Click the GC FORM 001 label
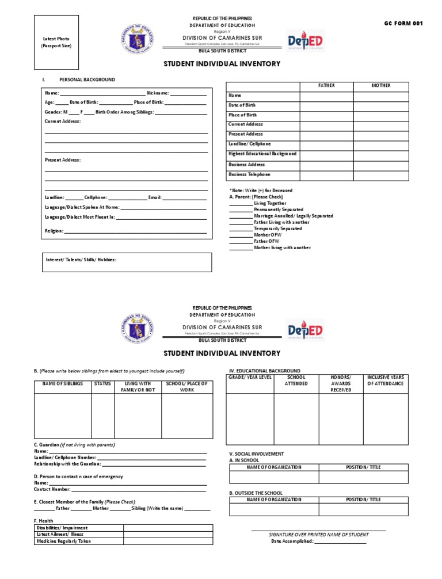click(x=403, y=24)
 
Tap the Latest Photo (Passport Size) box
click(x=56, y=42)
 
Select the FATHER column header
click(x=326, y=86)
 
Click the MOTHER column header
click(x=381, y=86)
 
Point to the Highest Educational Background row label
click(x=262, y=154)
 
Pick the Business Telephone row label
click(x=249, y=174)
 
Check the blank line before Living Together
click(x=241, y=204)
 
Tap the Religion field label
click(x=54, y=231)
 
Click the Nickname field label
click(x=158, y=93)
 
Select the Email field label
click(x=155, y=197)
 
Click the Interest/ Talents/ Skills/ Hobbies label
click(x=81, y=260)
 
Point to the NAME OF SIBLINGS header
click(x=62, y=384)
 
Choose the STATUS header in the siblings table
click(x=102, y=384)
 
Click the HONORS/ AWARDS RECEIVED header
click(x=341, y=383)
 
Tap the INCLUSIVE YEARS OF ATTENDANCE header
click(x=386, y=380)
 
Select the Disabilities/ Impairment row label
click(x=62, y=528)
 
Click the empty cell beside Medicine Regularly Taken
click(x=167, y=541)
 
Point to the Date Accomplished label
click(x=292, y=541)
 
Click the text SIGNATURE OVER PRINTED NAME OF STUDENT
click(x=319, y=535)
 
